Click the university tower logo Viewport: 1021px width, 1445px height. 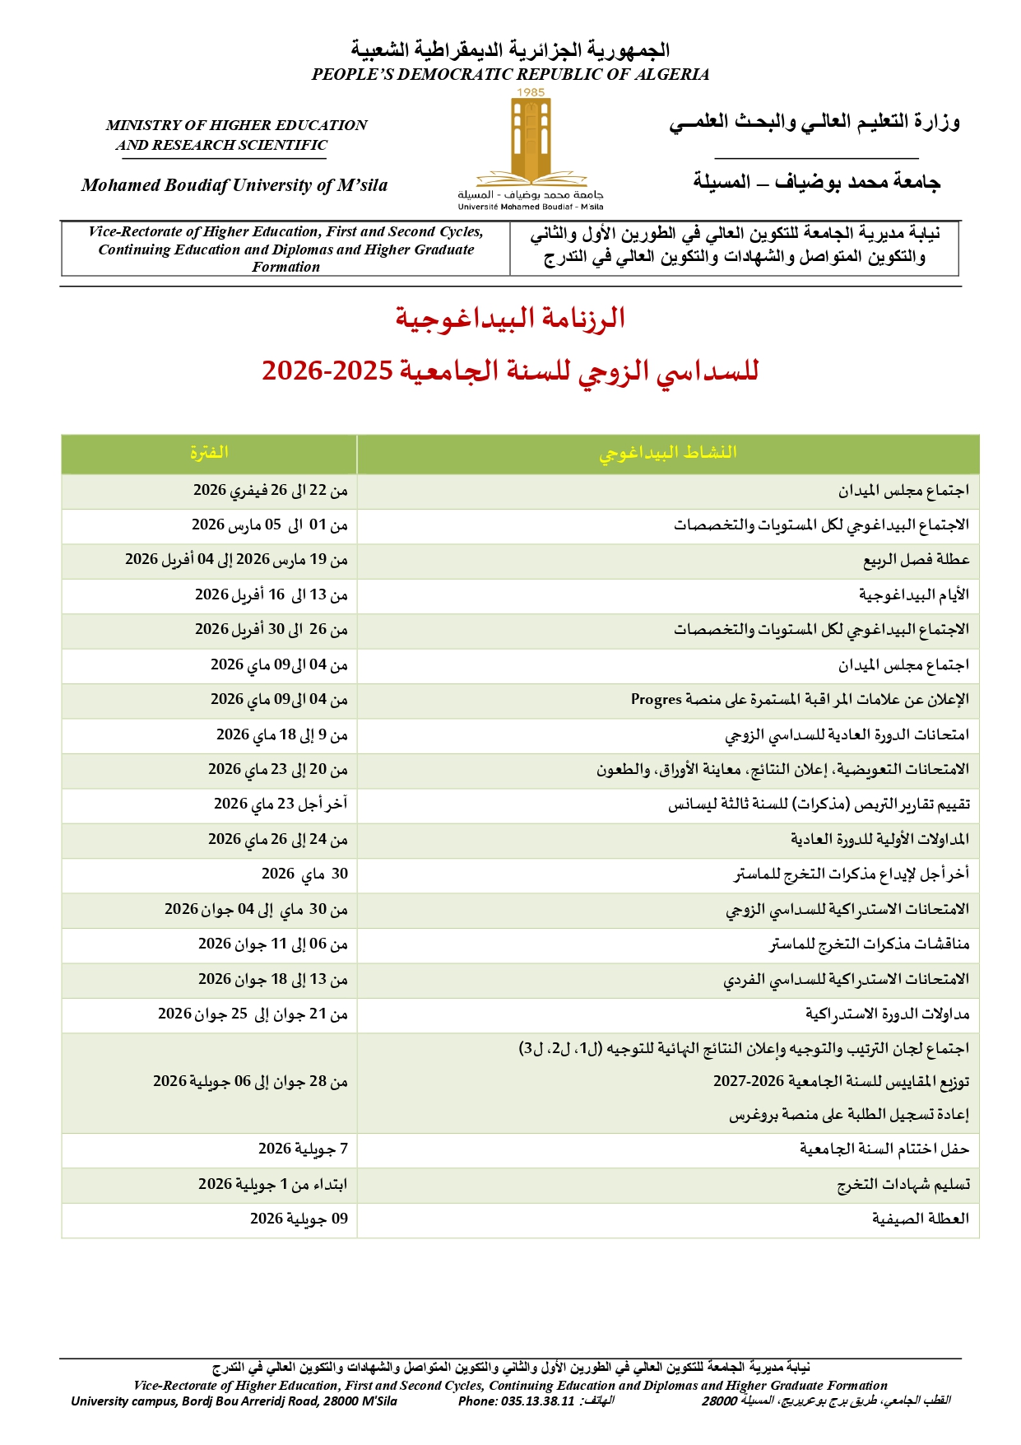point(531,140)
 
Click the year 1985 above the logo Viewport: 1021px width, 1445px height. point(531,92)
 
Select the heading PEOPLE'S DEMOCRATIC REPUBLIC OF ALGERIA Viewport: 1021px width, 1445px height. point(510,74)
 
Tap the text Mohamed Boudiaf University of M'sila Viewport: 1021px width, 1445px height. point(234,185)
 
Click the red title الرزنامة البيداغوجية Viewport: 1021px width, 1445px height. point(510,318)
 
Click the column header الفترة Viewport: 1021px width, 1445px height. point(209,453)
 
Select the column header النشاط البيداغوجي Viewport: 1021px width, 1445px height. point(667,453)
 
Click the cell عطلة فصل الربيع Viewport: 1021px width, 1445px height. point(916,560)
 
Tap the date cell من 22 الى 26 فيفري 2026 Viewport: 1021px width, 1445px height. point(271,491)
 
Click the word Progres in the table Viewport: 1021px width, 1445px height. point(656,699)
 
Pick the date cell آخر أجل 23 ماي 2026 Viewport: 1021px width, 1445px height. point(281,804)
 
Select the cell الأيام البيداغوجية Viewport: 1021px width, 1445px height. point(914,594)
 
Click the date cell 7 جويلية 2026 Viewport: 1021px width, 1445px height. point(303,1149)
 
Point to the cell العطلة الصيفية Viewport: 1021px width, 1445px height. point(921,1219)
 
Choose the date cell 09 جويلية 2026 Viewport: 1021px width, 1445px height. point(299,1219)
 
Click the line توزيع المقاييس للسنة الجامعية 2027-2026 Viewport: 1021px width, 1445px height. point(841,1081)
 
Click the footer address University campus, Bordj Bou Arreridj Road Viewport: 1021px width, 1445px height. point(234,1401)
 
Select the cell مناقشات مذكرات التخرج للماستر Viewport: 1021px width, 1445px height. point(869,944)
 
